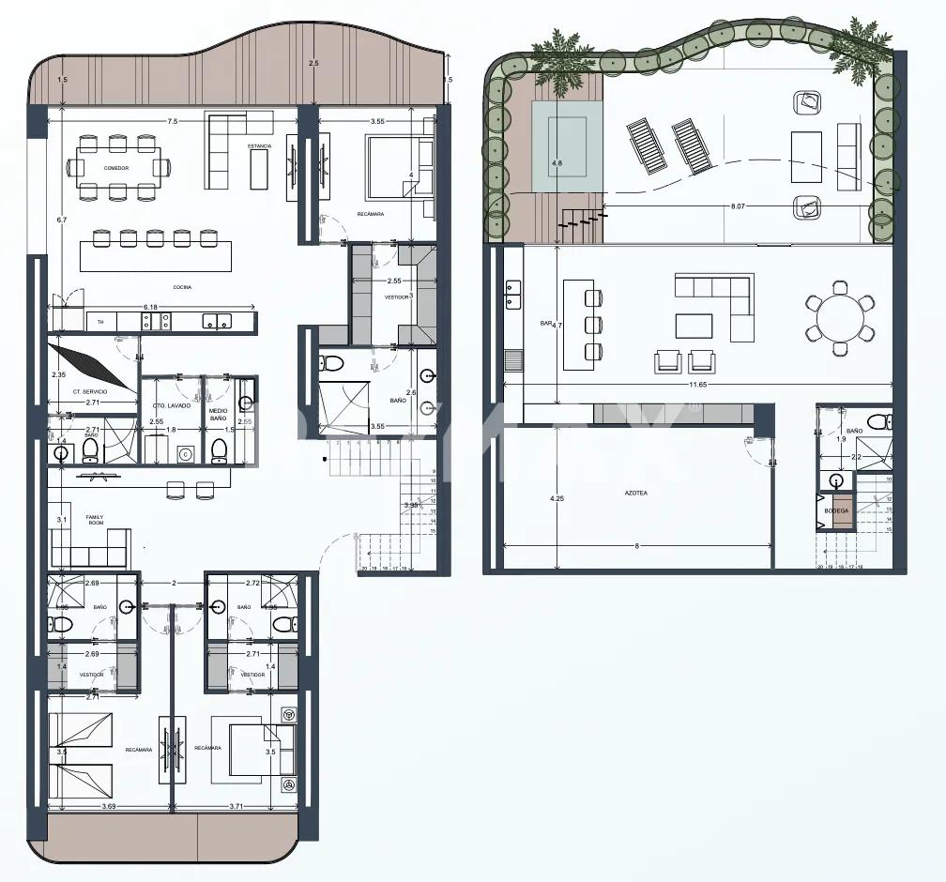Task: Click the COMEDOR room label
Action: [x=117, y=168]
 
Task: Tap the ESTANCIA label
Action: [x=260, y=146]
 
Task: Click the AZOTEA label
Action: [x=635, y=493]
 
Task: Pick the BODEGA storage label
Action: [x=837, y=510]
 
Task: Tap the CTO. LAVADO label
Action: [x=172, y=405]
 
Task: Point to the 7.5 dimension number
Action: [x=173, y=122]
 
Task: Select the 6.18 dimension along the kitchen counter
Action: [x=150, y=308]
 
